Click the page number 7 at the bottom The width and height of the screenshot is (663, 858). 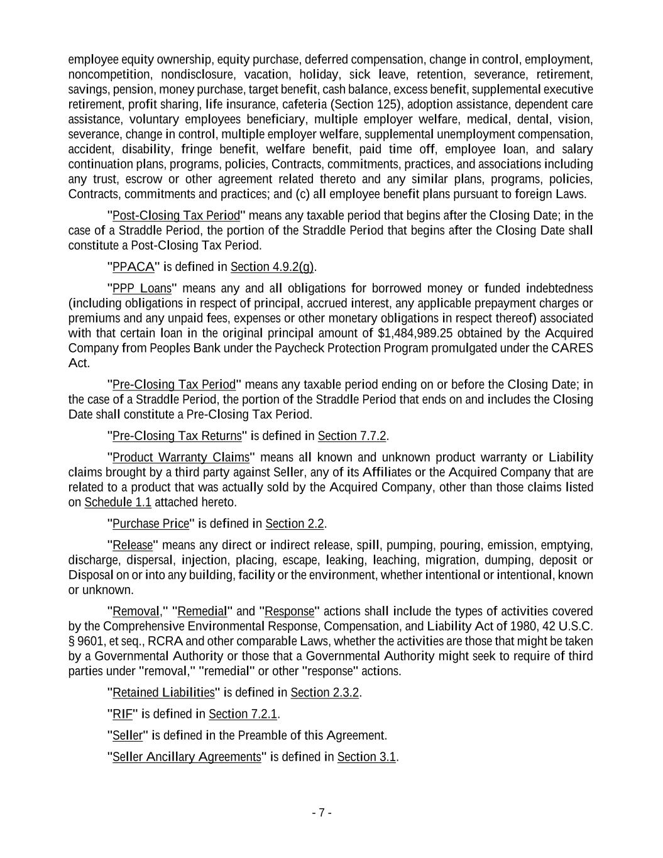321,812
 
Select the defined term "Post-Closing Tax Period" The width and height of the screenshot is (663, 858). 176,216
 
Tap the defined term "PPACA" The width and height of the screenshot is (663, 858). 133,267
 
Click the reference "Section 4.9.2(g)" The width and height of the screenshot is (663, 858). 272,267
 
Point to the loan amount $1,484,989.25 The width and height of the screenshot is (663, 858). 417,333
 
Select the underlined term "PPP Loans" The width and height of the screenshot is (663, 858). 141,289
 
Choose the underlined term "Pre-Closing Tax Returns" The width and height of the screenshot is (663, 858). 177,436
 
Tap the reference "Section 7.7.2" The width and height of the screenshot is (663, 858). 352,436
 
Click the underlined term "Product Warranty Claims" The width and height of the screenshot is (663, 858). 180,457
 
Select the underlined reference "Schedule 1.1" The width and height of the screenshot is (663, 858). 118,502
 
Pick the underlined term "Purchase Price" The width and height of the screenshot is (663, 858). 150,524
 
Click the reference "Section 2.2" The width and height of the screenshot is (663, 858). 295,524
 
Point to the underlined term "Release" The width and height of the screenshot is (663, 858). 132,545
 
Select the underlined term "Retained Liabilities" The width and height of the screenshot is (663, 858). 163,693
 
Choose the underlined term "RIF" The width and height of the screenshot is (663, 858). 123,714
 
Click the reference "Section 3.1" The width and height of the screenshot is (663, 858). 366,757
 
